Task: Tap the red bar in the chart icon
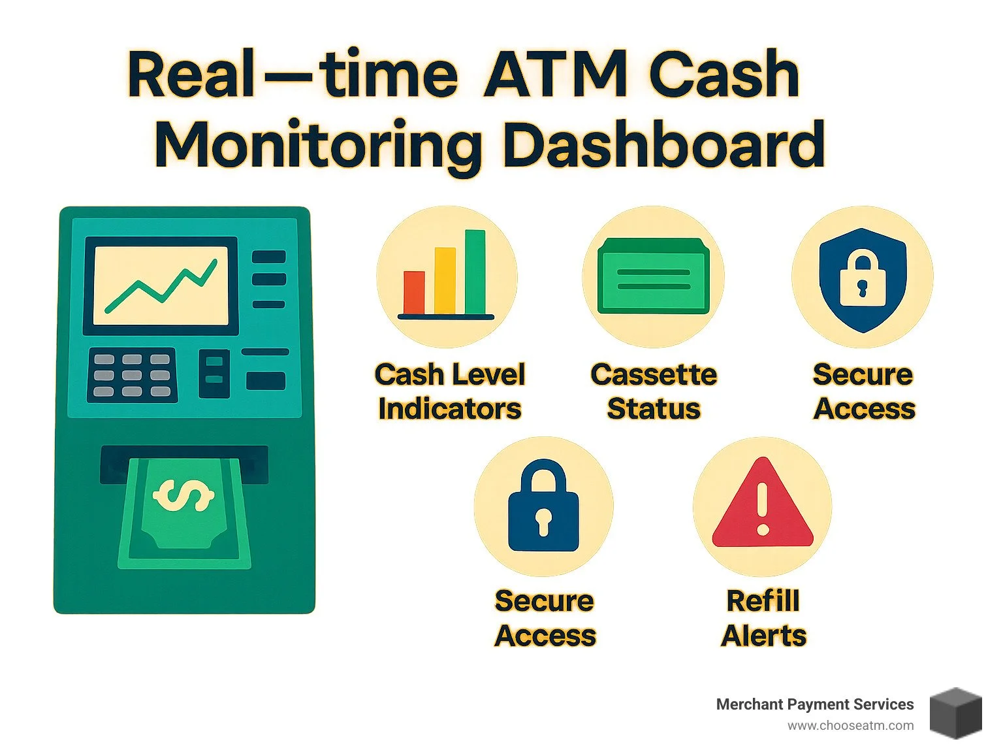pyautogui.click(x=414, y=292)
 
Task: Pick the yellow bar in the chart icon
pyautogui.click(x=445, y=280)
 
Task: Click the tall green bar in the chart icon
pyautogui.click(x=475, y=271)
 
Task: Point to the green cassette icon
pyautogui.click(x=653, y=275)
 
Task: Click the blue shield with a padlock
pyautogui.click(x=863, y=279)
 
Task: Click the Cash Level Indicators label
pyautogui.click(x=449, y=391)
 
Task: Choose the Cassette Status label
pyautogui.click(x=654, y=391)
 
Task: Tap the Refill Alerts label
pyautogui.click(x=763, y=617)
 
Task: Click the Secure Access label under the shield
pyautogui.click(x=863, y=391)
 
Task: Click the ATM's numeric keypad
pyautogui.click(x=132, y=375)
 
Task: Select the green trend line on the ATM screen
pyautogui.click(x=161, y=286)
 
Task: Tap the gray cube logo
pyautogui.click(x=955, y=713)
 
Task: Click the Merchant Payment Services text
pyautogui.click(x=814, y=704)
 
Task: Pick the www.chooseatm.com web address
pyautogui.click(x=850, y=725)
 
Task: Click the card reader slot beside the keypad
pyautogui.click(x=214, y=374)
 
